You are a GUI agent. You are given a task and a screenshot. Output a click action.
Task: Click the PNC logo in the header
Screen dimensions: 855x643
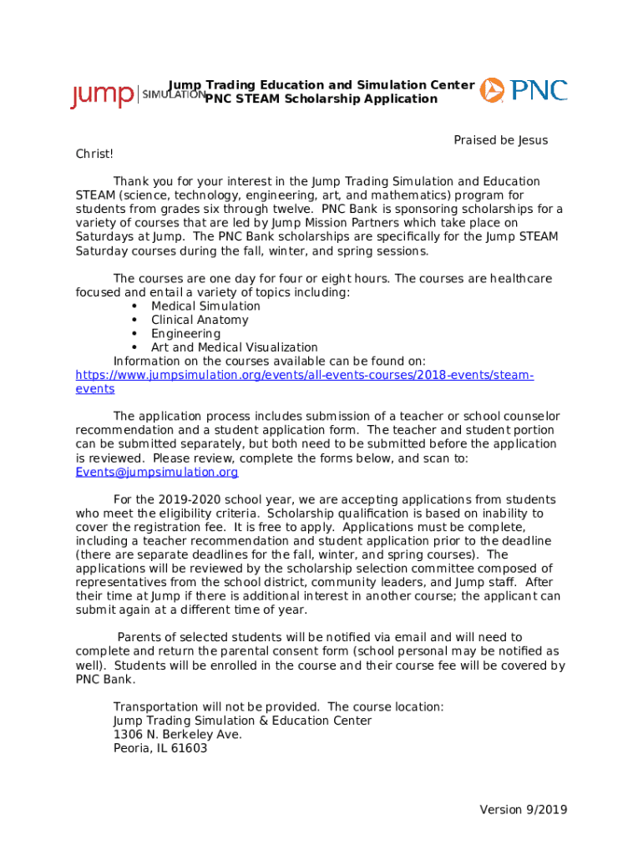coord(524,90)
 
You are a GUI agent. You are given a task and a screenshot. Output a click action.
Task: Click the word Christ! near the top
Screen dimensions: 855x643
coord(94,154)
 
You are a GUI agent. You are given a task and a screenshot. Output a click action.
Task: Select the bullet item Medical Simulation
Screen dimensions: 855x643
coord(205,306)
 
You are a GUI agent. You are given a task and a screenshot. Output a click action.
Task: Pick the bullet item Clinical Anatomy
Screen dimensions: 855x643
coord(200,320)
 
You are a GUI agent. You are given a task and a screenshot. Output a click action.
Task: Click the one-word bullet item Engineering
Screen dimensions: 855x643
coord(185,334)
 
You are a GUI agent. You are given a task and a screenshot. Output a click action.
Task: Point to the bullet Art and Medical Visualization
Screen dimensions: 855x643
coord(234,347)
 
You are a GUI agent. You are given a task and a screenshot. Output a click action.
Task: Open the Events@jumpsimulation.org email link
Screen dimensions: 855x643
coord(157,473)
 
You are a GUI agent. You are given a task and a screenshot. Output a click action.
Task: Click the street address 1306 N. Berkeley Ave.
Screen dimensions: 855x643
coord(177,735)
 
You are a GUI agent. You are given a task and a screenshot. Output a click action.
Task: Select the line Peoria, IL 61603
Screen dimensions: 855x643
coord(160,749)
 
